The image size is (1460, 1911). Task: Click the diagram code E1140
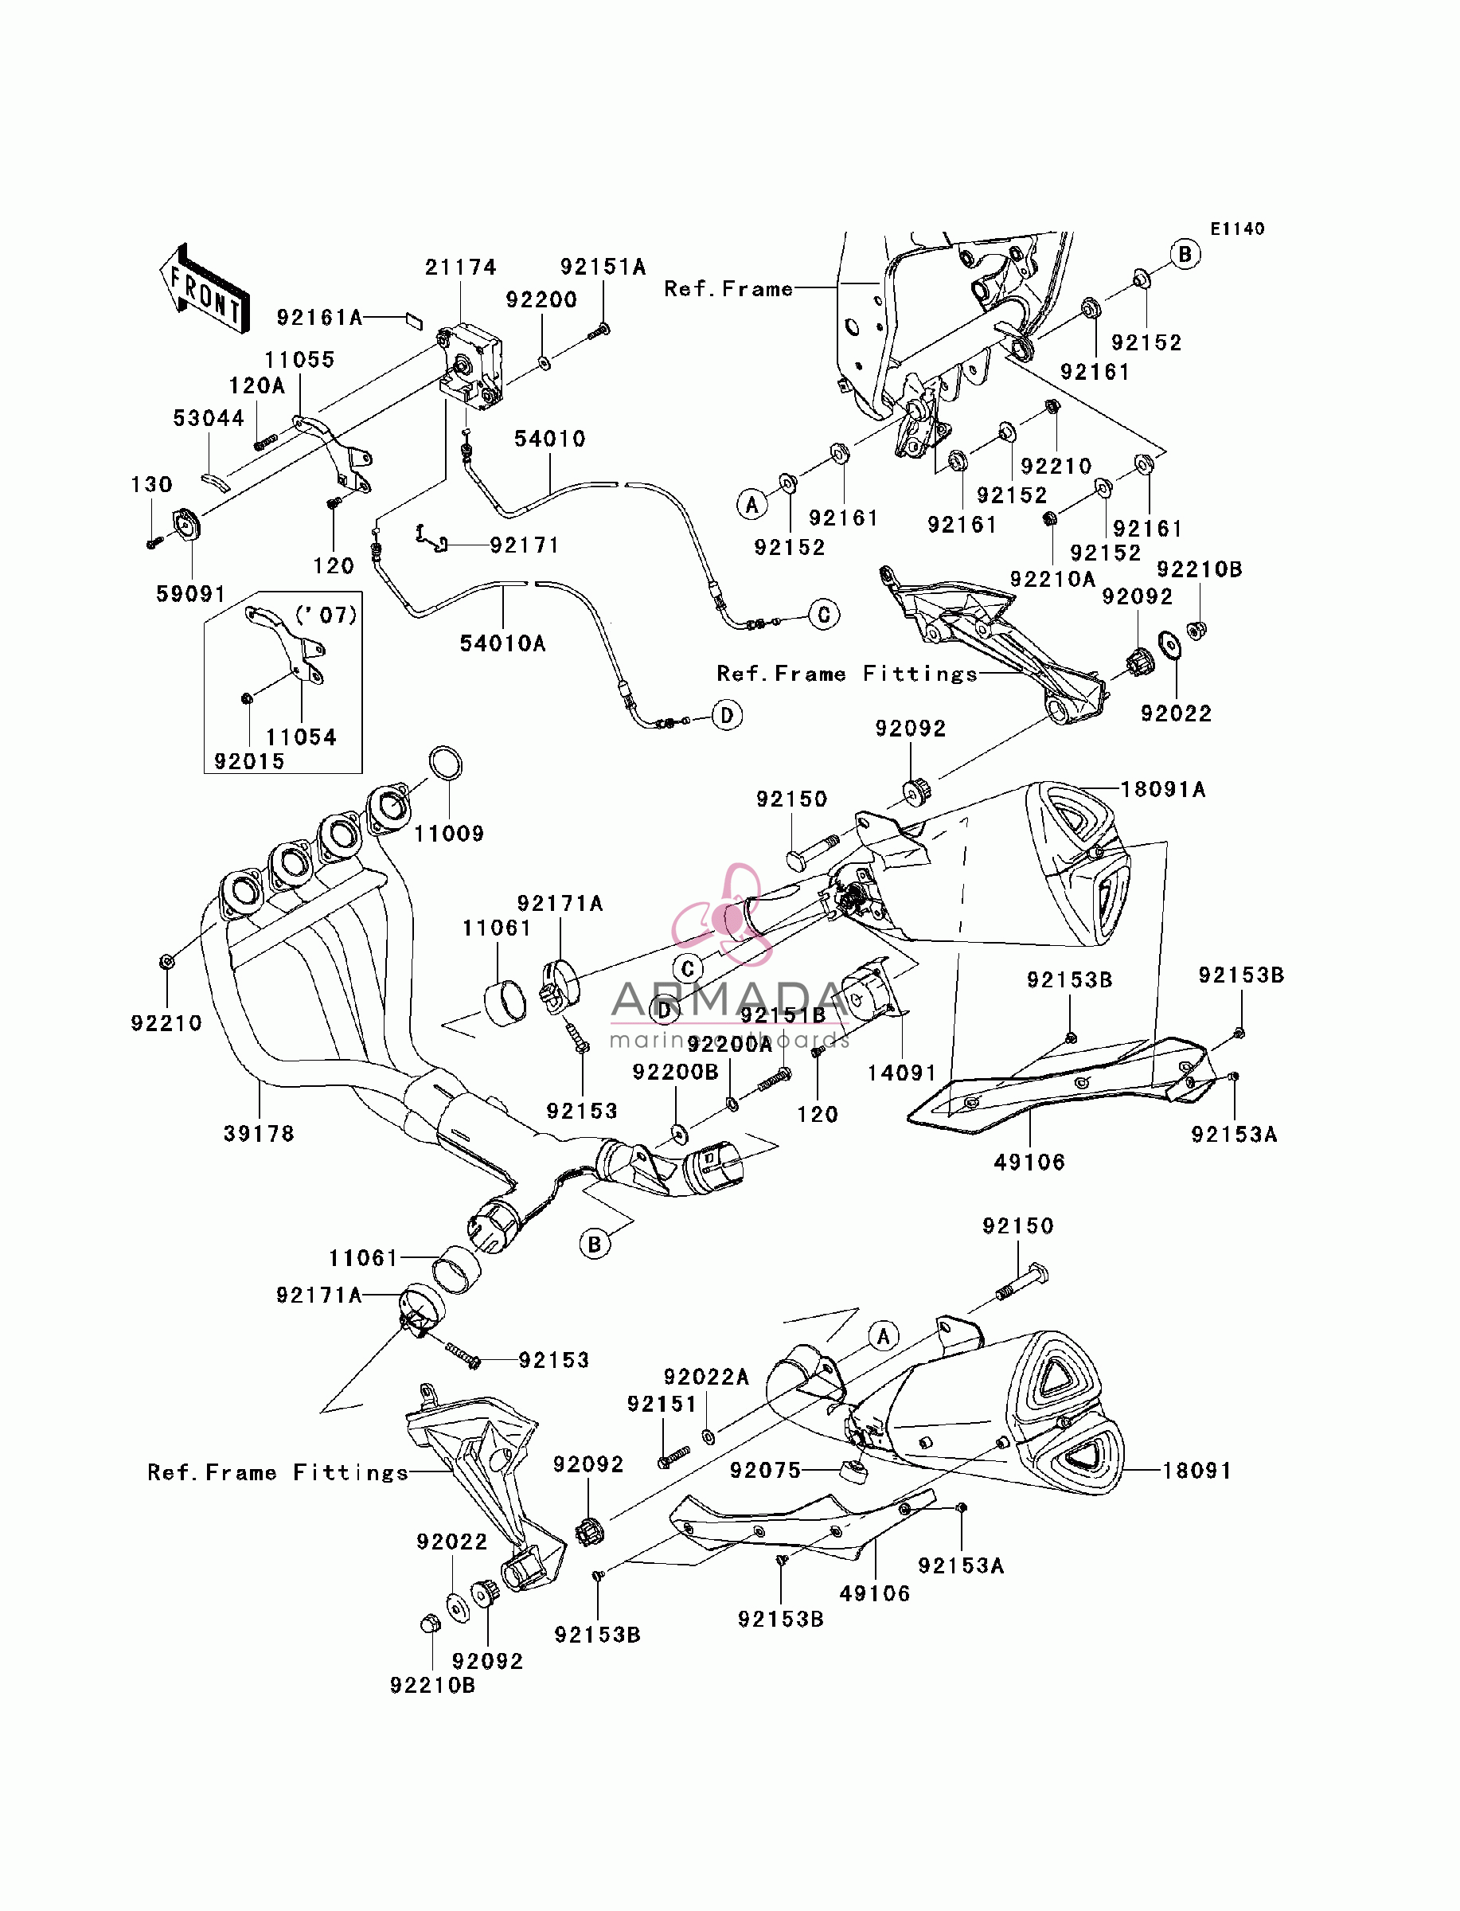point(1238,229)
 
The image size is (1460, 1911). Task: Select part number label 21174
point(461,268)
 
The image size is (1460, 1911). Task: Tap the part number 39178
point(259,1133)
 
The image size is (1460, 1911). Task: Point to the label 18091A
point(1164,789)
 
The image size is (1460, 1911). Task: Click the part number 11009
point(448,834)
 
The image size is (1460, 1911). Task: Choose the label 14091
point(901,1073)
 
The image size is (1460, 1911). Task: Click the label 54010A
point(502,643)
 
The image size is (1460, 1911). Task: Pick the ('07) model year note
point(326,616)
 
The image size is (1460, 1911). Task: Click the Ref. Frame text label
point(728,288)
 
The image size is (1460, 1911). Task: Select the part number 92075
point(766,1470)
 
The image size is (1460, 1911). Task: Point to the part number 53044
point(209,418)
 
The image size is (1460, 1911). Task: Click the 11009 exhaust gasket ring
point(446,764)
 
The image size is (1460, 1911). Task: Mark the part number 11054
point(301,737)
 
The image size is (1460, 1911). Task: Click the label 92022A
point(705,1377)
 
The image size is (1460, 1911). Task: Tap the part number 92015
point(249,761)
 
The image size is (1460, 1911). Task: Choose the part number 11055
point(299,360)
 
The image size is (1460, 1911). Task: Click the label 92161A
point(320,318)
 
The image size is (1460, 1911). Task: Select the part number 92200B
point(675,1072)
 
